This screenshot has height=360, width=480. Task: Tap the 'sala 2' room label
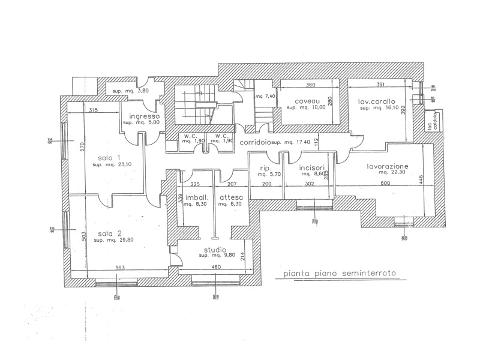[95, 233]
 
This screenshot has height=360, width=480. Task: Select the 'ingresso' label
[142, 116]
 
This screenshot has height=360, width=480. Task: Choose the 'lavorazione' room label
[388, 165]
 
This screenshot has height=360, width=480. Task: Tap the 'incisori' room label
[311, 167]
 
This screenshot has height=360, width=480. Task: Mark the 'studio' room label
[214, 249]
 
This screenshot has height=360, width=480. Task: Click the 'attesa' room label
[231, 197]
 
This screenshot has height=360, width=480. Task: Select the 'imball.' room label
[196, 197]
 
